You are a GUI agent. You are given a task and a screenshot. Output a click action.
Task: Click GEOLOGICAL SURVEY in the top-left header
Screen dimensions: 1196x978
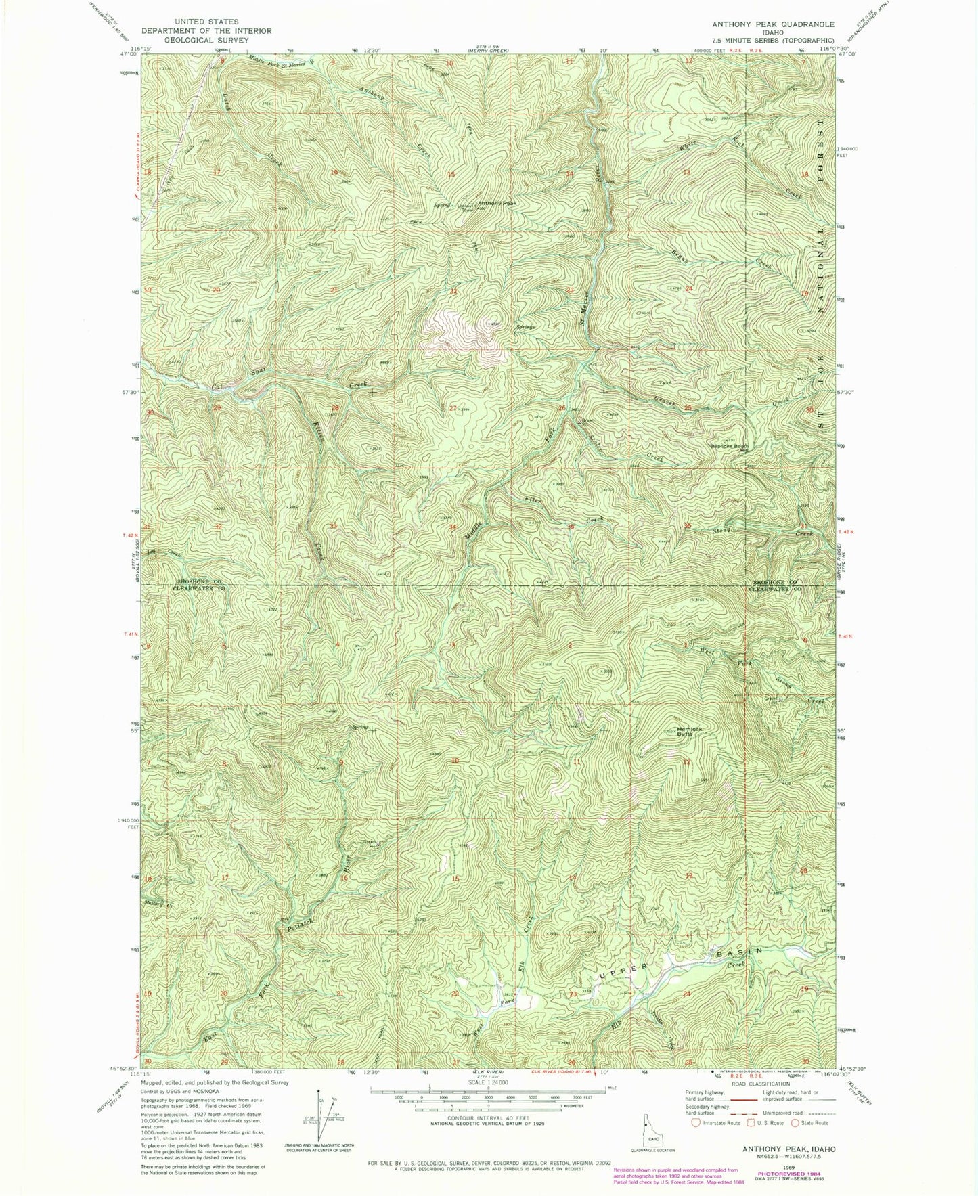(x=206, y=39)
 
